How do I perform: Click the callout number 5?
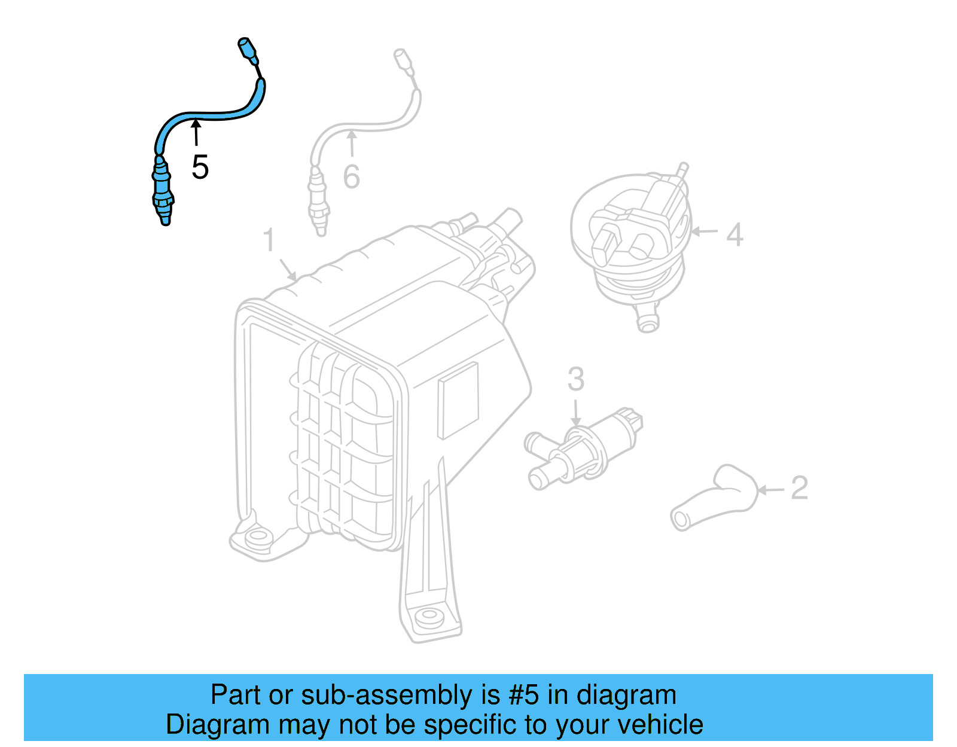click(x=200, y=167)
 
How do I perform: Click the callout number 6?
click(x=352, y=176)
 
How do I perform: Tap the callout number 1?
click(x=269, y=240)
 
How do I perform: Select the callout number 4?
click(x=734, y=234)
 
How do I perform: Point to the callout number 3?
click(x=575, y=379)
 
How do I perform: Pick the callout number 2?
click(x=799, y=488)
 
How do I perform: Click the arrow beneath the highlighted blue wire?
click(x=196, y=132)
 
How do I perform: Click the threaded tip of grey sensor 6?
click(x=321, y=228)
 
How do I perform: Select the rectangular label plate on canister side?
click(x=458, y=400)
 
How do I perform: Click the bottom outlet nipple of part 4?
click(x=648, y=321)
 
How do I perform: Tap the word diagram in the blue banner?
click(x=626, y=695)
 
